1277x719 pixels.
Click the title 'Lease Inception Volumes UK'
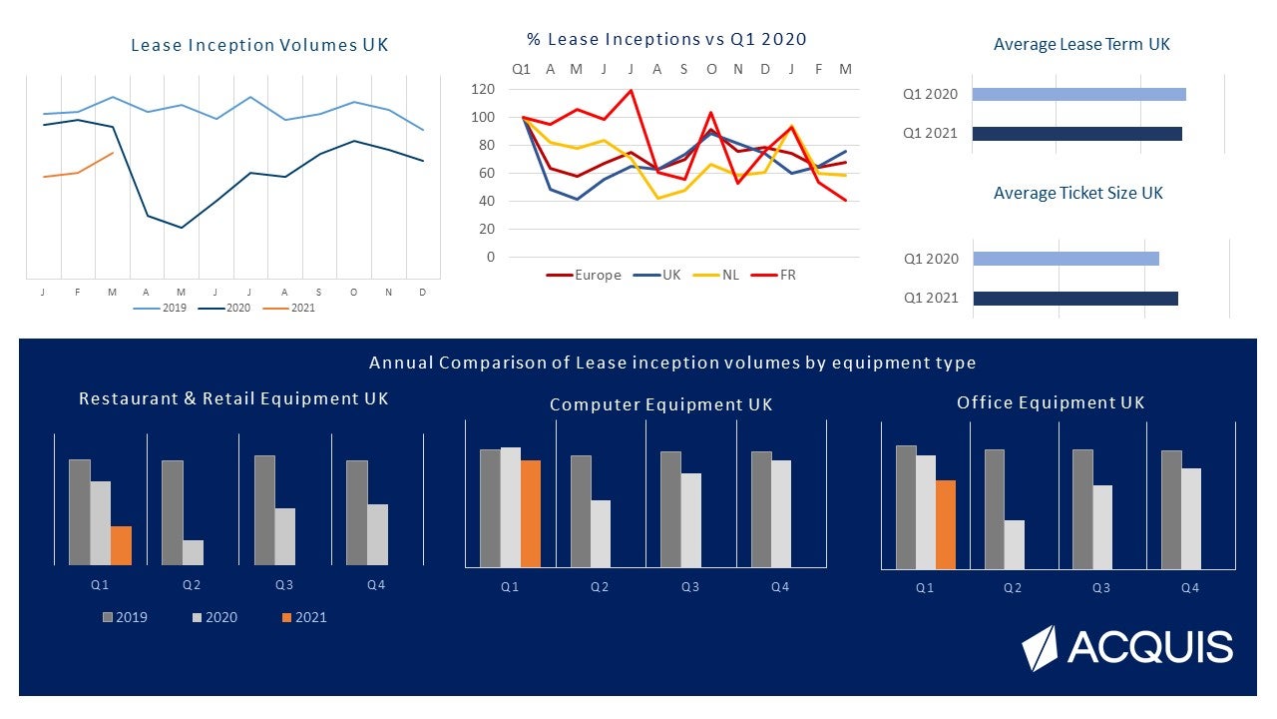(x=259, y=45)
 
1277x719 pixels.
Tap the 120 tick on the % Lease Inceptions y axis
(x=483, y=89)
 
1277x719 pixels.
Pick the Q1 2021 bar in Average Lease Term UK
(x=1076, y=134)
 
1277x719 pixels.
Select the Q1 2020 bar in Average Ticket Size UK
(x=1065, y=259)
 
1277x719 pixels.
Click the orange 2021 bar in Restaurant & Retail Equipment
(x=121, y=545)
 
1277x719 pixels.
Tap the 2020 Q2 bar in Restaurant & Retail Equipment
(x=193, y=552)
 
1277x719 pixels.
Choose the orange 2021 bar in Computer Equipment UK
(x=531, y=513)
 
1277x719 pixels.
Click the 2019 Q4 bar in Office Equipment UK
(x=1170, y=509)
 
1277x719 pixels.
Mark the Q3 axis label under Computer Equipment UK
(x=689, y=587)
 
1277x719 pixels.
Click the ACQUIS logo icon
(x=1039, y=648)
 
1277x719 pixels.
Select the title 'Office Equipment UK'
(x=1051, y=403)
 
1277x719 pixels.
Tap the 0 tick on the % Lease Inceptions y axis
(x=490, y=257)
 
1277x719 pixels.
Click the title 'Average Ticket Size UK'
(x=1077, y=193)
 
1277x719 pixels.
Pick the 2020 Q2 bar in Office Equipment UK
(x=1014, y=544)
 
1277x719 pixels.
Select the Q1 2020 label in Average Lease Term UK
(x=930, y=95)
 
